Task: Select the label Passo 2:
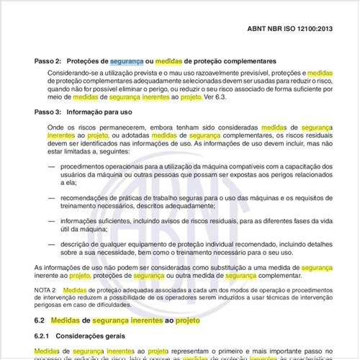tap(48, 62)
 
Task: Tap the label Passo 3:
tap(48, 112)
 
